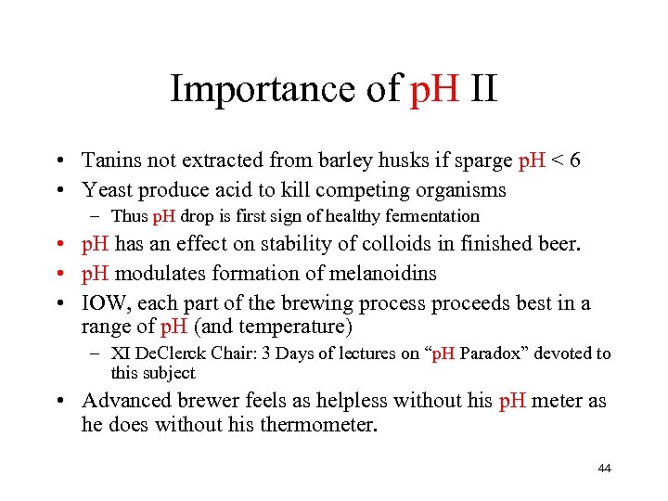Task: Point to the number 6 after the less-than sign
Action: tap(575, 161)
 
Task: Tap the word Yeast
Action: tap(108, 189)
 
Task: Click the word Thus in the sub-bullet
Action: tap(129, 216)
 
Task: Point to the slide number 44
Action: tap(605, 469)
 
